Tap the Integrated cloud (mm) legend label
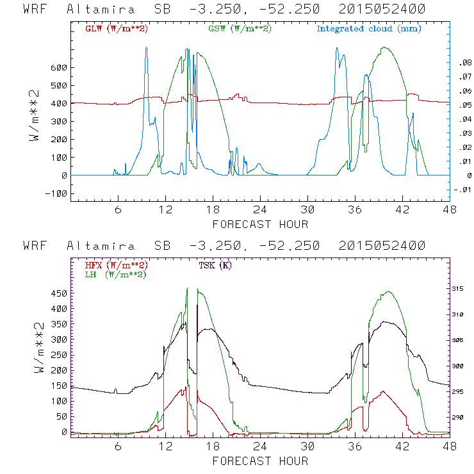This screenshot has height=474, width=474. coord(369,29)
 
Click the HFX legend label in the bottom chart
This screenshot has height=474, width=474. coord(114,265)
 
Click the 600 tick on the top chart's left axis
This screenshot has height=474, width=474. coord(58,67)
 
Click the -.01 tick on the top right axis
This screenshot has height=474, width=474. coord(462,189)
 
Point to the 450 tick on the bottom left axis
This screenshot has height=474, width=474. coord(58,293)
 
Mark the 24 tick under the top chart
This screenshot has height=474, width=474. coord(260,209)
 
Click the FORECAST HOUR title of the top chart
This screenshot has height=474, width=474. coord(260,224)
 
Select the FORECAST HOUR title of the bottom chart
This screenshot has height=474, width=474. coord(260,461)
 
